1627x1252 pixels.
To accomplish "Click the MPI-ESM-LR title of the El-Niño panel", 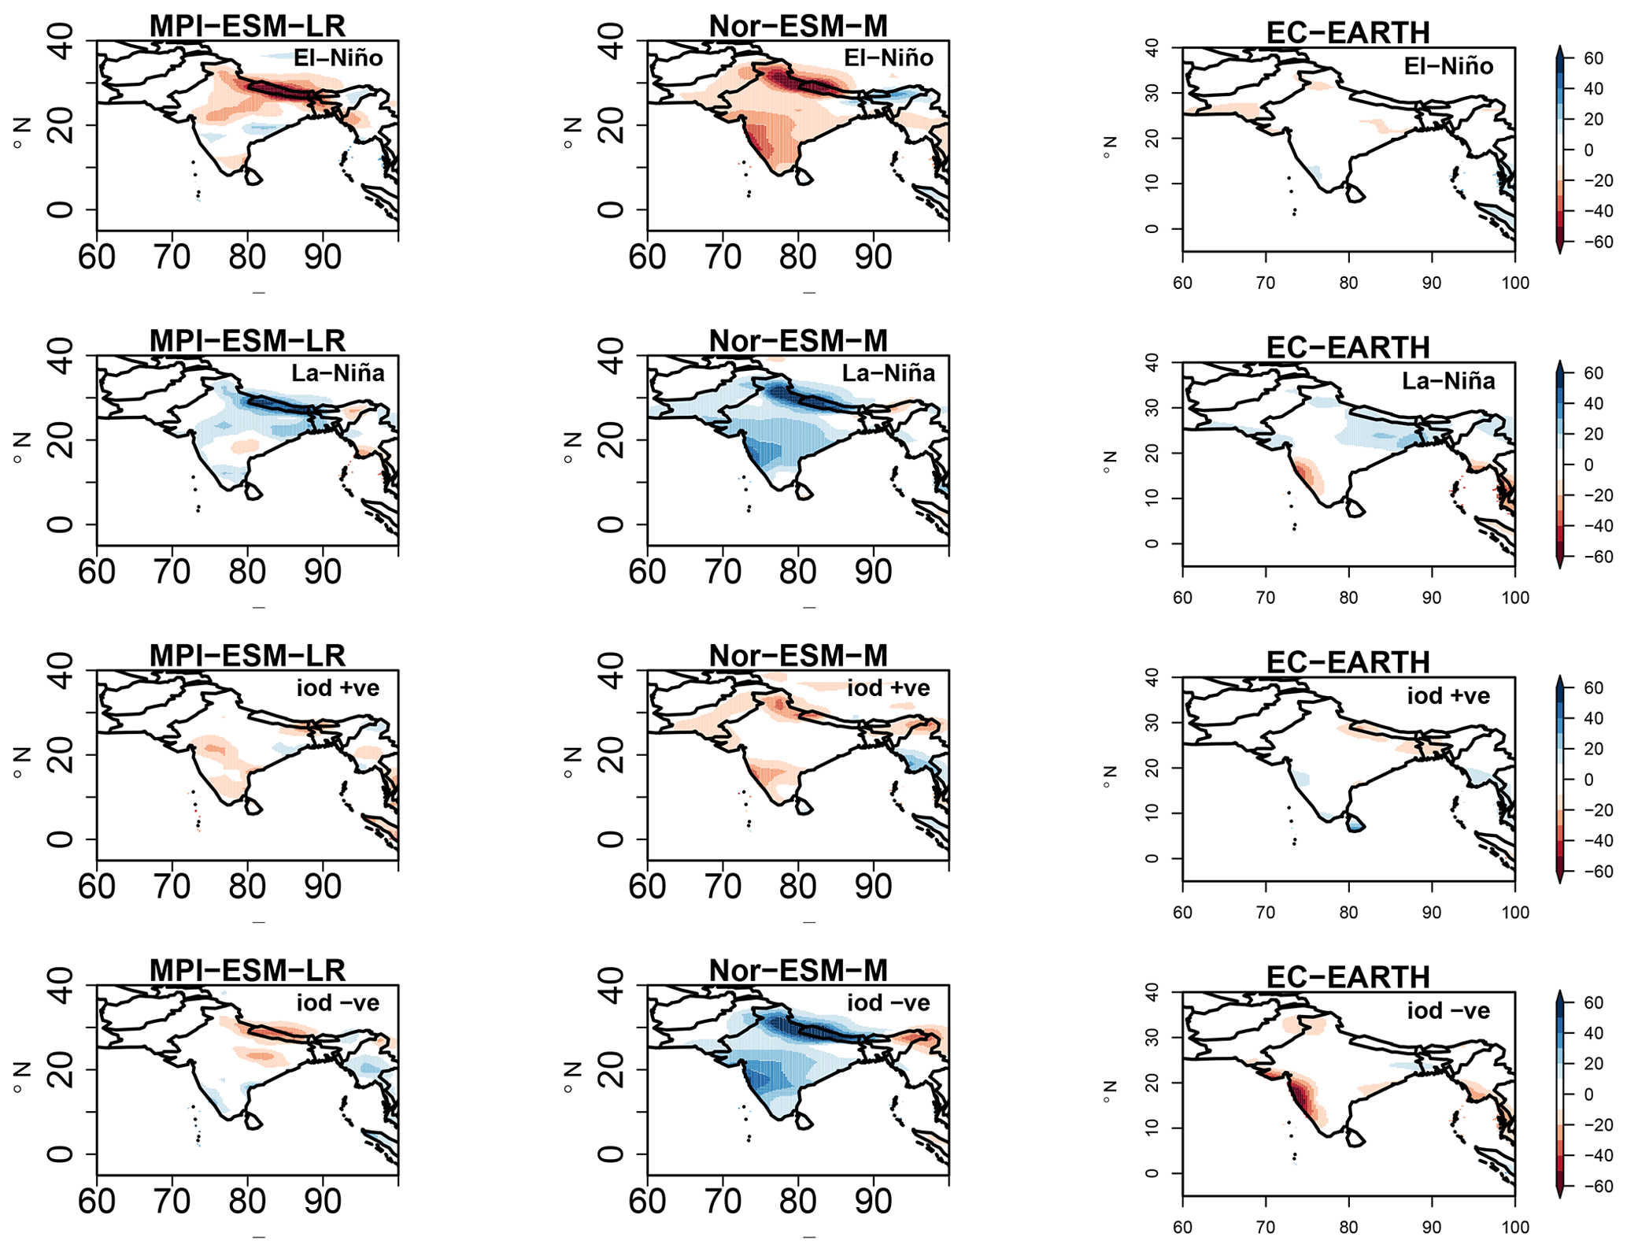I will click(247, 26).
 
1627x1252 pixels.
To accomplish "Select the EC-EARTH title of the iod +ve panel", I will click(1348, 662).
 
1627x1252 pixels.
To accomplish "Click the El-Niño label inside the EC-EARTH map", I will click(1448, 66).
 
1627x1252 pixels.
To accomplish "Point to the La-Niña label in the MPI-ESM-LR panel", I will click(338, 372).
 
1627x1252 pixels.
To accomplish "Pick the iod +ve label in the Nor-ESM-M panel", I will click(889, 688).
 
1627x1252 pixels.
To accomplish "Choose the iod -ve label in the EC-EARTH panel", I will click(1448, 1011).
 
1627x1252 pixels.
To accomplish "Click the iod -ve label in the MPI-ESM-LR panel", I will click(338, 1003).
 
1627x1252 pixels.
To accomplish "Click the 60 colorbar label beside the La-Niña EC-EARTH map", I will click(1593, 373).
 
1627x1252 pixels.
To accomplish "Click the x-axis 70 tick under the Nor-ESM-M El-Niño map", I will click(723, 257).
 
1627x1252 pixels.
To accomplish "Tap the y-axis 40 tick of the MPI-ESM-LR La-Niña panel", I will click(61, 356).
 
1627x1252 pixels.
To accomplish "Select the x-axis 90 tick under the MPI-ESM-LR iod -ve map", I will click(322, 1201).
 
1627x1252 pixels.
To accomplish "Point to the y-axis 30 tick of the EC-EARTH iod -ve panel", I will click(1152, 1037).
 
